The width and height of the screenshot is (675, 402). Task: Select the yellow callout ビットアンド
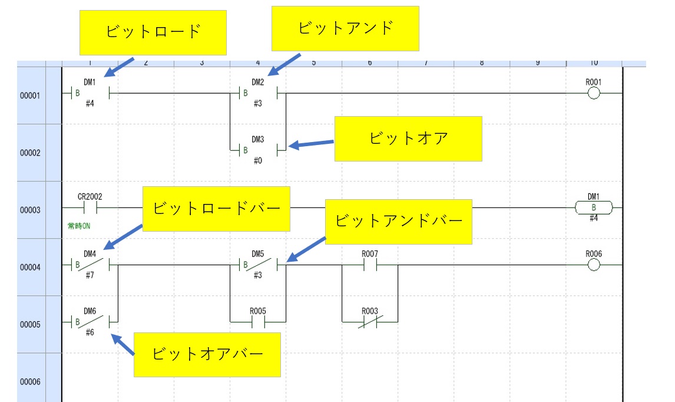pyautogui.click(x=345, y=28)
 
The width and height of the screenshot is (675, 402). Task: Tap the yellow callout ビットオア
pyautogui.click(x=408, y=139)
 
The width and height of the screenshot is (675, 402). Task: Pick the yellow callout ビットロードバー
pyautogui.click(x=216, y=209)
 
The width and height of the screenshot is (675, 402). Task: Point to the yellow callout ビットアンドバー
pyautogui.click(x=399, y=221)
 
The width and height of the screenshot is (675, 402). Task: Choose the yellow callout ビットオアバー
pyautogui.click(x=207, y=354)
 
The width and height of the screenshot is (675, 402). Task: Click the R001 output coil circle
pyautogui.click(x=594, y=94)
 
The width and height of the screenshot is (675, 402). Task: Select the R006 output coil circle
pyautogui.click(x=594, y=265)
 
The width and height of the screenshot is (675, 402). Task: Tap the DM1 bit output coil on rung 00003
pyautogui.click(x=593, y=207)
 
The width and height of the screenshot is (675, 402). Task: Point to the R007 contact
pyautogui.click(x=370, y=265)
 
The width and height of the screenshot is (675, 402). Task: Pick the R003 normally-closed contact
pyautogui.click(x=370, y=322)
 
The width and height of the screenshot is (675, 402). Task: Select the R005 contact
pyautogui.click(x=258, y=322)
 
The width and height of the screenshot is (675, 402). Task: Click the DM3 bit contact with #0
pyautogui.click(x=258, y=150)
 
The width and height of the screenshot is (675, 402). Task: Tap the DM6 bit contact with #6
pyautogui.click(x=90, y=322)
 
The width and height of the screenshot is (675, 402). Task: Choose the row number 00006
pyautogui.click(x=30, y=381)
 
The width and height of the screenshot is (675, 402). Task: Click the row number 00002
pyautogui.click(x=30, y=153)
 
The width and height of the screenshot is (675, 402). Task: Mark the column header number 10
pyautogui.click(x=594, y=62)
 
